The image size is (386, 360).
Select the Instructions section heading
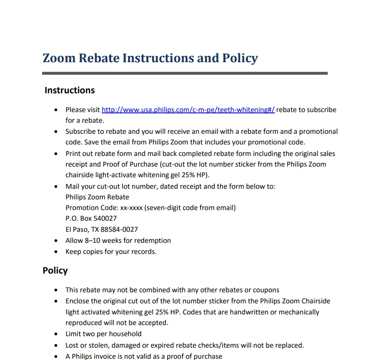coord(69,90)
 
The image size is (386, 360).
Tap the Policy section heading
coord(55,271)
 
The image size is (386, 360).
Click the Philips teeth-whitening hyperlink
coord(188,110)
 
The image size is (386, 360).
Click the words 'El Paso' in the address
coord(76,229)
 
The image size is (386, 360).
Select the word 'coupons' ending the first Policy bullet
coord(265,290)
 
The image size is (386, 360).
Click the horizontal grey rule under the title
coord(185,73)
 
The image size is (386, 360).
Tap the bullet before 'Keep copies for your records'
coord(56,252)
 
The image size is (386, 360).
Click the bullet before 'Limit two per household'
coord(56,334)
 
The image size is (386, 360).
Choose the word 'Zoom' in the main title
coord(59,58)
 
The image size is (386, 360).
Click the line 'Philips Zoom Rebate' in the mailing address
coord(97,197)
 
